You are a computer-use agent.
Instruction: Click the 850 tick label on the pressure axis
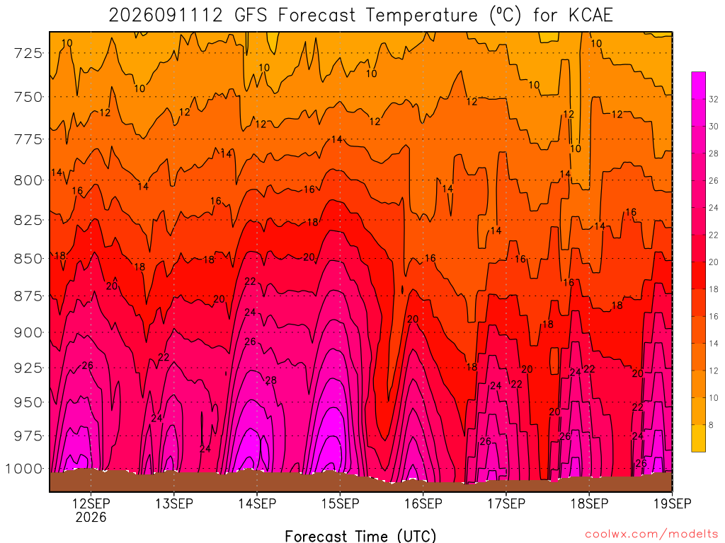(x=28, y=259)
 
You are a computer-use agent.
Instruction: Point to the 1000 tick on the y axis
(x=23, y=469)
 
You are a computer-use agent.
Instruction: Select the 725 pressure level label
(x=28, y=53)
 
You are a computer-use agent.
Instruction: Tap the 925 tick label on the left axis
(x=28, y=368)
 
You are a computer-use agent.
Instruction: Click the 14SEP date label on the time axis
(x=257, y=503)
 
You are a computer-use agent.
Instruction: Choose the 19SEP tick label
(x=673, y=503)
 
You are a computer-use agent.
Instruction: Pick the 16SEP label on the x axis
(x=423, y=503)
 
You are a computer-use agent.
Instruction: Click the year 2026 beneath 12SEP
(x=91, y=517)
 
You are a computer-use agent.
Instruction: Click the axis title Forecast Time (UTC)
(x=360, y=536)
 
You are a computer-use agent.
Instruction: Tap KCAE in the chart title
(x=590, y=16)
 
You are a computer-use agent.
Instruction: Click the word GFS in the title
(x=251, y=16)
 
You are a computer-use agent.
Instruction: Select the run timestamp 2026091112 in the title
(x=166, y=16)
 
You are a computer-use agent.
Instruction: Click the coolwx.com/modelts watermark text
(x=651, y=535)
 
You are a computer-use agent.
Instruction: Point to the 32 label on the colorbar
(x=714, y=99)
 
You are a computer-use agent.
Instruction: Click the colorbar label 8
(x=711, y=425)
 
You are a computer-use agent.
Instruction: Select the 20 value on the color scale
(x=714, y=262)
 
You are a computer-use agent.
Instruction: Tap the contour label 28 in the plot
(x=271, y=380)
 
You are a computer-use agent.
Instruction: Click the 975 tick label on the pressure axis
(x=28, y=436)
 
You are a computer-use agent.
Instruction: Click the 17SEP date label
(x=506, y=503)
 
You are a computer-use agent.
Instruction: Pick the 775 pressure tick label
(x=28, y=139)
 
